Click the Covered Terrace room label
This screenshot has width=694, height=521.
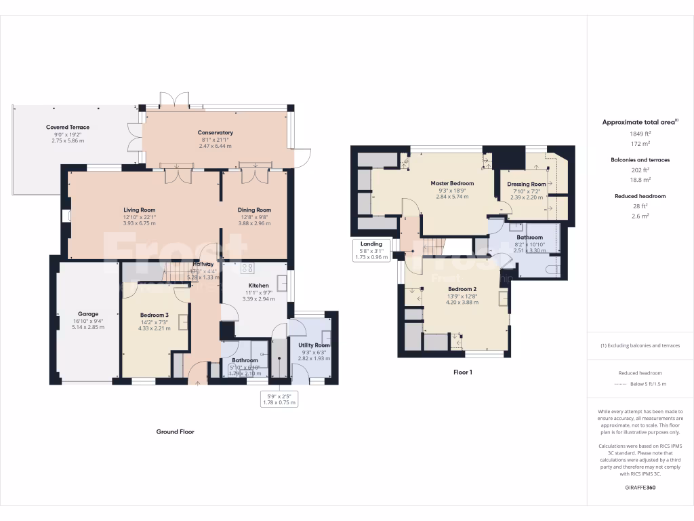68,127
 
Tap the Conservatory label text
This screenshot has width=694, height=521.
216,132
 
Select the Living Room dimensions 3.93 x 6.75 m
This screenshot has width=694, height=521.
140,223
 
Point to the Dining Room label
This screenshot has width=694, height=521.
254,210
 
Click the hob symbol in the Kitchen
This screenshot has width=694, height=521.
247,268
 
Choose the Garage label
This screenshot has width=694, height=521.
88,314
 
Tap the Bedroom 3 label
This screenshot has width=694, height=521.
155,315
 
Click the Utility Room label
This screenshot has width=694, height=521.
312,345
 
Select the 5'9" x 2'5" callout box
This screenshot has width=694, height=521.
279,399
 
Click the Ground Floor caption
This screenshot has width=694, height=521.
176,431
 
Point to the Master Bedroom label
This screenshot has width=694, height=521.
452,183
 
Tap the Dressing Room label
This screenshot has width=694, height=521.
527,184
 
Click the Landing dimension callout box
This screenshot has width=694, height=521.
371,250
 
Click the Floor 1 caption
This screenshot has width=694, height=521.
462,372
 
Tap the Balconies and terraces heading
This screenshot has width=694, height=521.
640,159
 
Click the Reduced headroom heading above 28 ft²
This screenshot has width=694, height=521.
640,196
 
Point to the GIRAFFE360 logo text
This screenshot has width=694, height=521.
640,488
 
